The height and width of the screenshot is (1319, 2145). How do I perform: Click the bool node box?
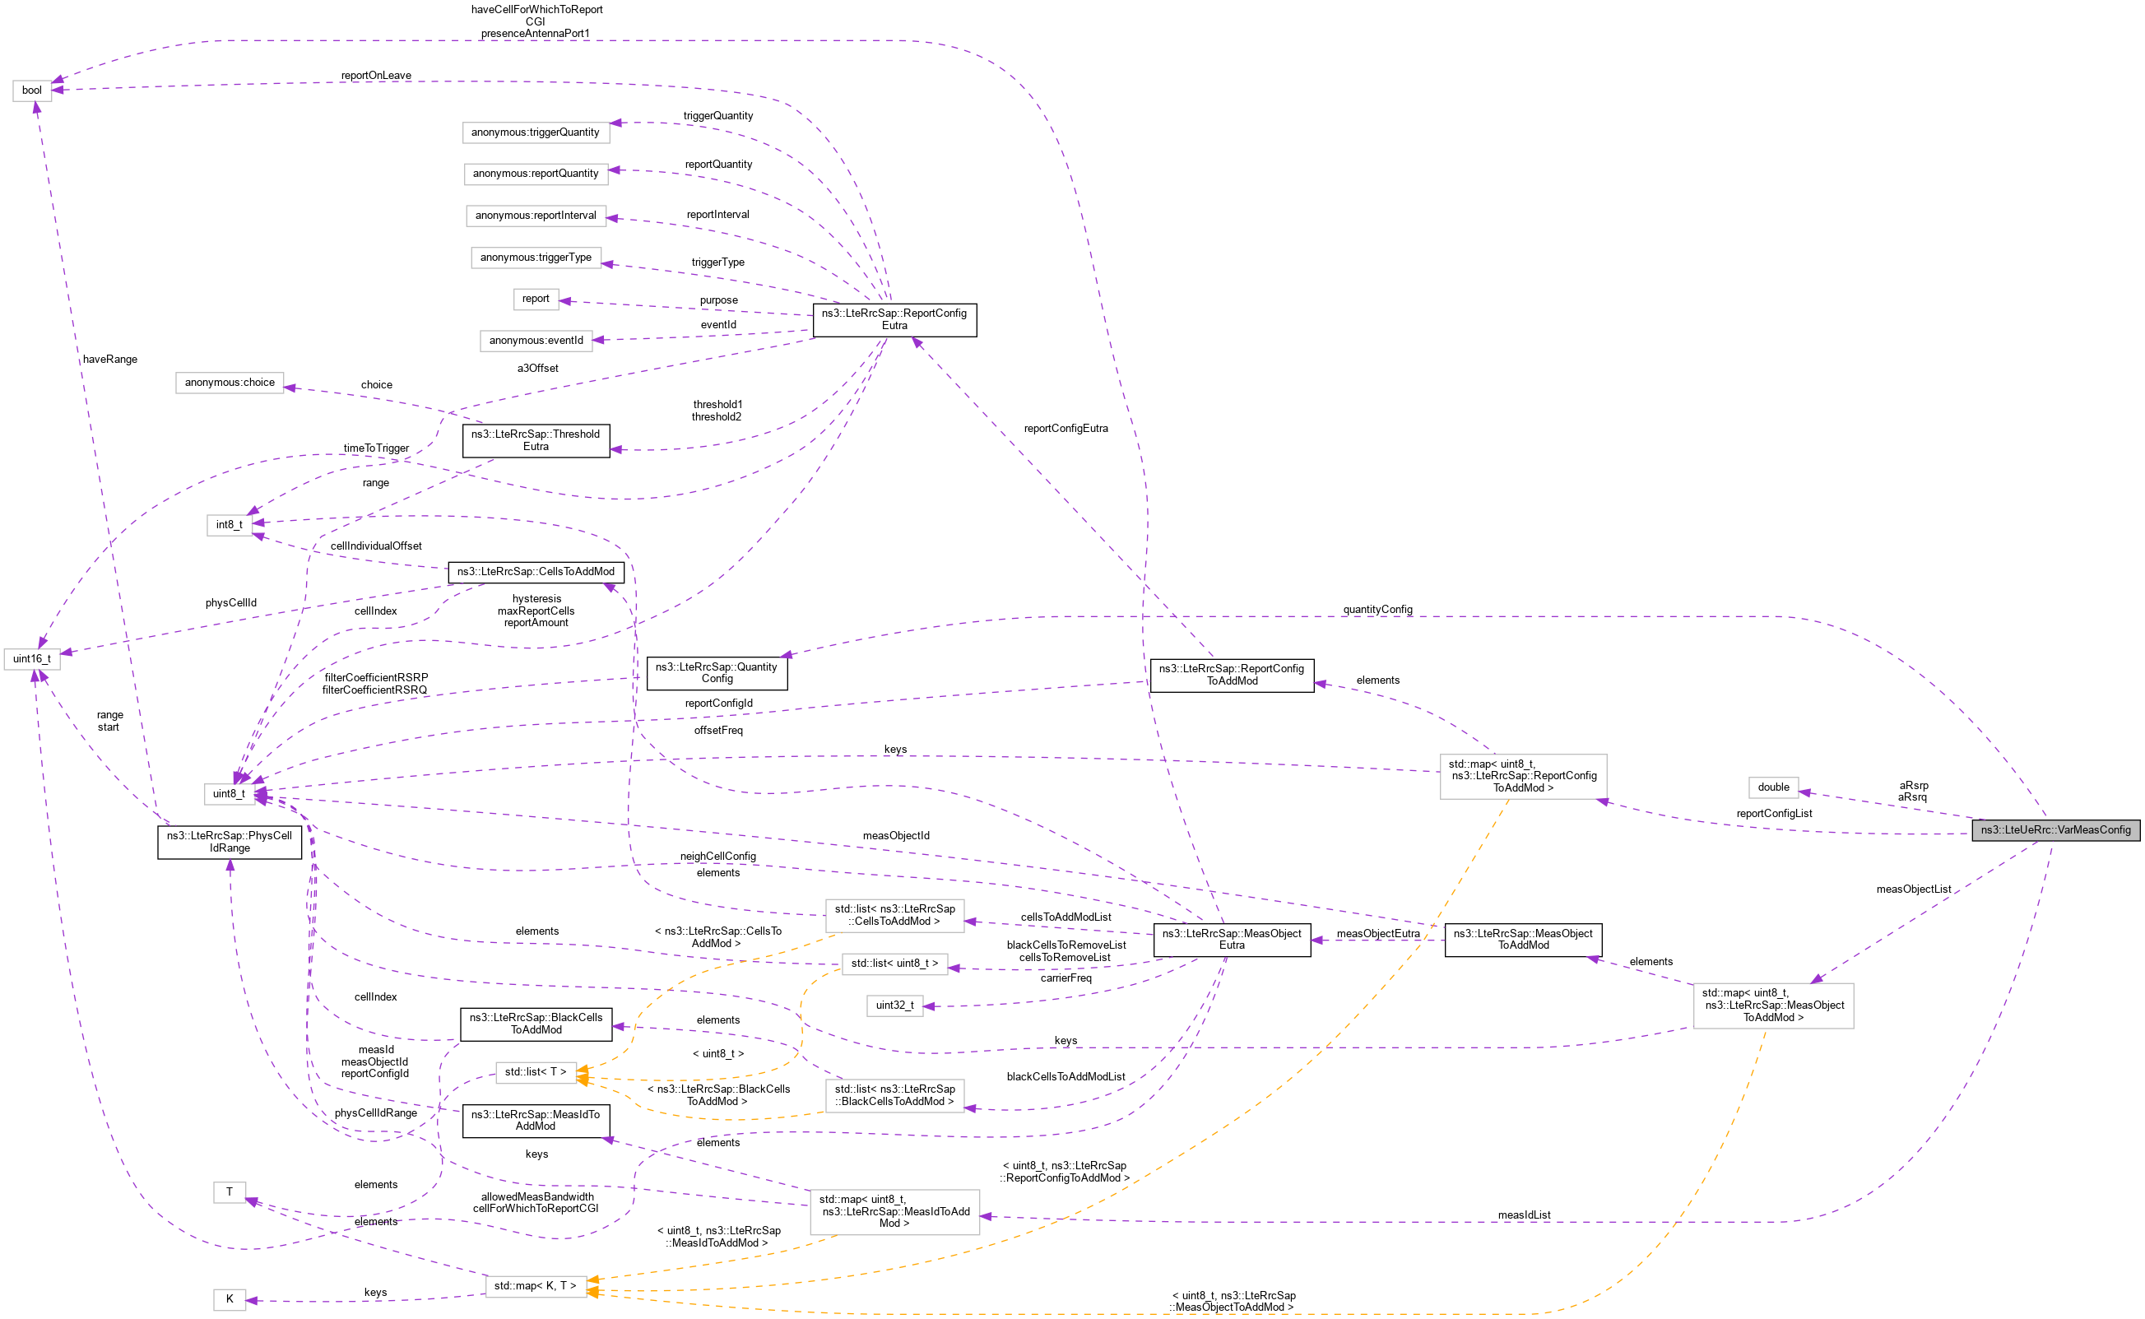click(x=31, y=91)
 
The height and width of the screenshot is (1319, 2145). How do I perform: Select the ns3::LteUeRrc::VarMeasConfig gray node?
click(x=2054, y=829)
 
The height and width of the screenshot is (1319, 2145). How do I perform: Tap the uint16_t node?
click(x=31, y=658)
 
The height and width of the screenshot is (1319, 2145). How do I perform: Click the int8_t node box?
click(x=229, y=524)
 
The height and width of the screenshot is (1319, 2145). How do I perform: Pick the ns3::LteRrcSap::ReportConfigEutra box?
click(x=894, y=319)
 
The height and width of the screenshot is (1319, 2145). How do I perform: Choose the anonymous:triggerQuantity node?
click(x=535, y=132)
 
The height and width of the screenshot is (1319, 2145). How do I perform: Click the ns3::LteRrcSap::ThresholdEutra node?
click(x=536, y=440)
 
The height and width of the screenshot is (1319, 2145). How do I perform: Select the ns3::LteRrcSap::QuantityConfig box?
click(x=716, y=672)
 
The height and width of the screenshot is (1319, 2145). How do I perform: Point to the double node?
click(x=1772, y=787)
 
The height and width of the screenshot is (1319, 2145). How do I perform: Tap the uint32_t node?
click(x=894, y=1005)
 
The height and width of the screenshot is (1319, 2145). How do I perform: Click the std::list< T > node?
click(x=535, y=1071)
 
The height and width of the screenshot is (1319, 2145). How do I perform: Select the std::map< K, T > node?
click(x=535, y=1286)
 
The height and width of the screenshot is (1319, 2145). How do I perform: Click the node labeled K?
click(x=229, y=1299)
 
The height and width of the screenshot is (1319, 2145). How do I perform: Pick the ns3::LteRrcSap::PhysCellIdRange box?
click(x=230, y=842)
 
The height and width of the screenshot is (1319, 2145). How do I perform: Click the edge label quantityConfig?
click(x=1377, y=609)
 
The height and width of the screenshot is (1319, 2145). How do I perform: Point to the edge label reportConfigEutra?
click(x=1065, y=429)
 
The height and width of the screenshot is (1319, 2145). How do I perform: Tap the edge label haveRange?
click(x=110, y=360)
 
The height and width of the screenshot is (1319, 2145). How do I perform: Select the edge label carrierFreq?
click(x=1065, y=978)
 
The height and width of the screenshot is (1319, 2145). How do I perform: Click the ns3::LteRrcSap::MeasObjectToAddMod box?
click(x=1522, y=940)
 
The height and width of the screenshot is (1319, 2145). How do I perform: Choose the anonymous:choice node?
click(x=230, y=382)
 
